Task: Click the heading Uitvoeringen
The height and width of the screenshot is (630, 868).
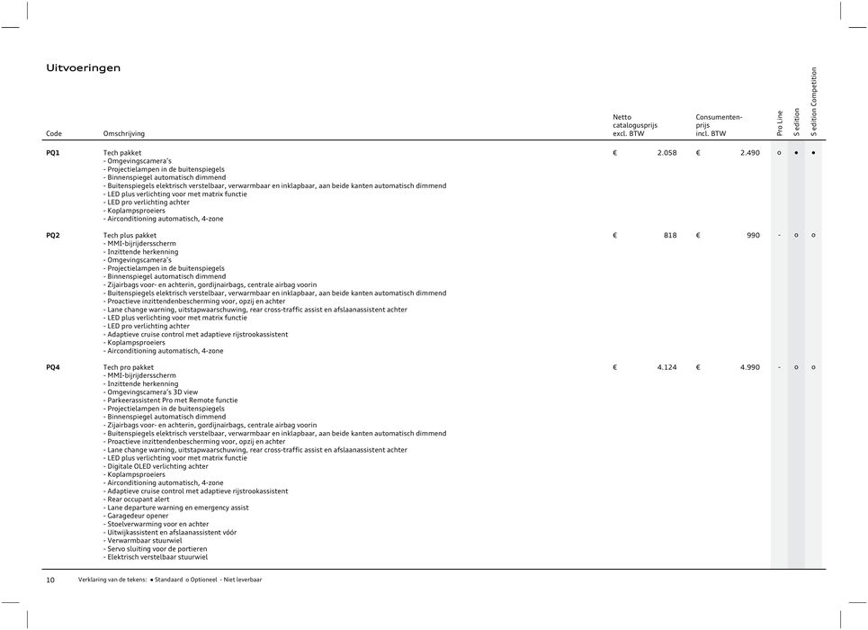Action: tap(84, 68)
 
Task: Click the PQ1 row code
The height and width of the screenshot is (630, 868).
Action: tap(54, 153)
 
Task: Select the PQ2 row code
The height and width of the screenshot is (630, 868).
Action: tap(54, 235)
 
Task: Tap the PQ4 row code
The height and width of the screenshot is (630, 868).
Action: tap(54, 367)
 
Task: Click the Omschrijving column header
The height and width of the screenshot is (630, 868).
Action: tap(124, 134)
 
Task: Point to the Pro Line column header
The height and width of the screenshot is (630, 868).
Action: tap(779, 123)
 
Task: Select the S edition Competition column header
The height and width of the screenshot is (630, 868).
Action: tap(814, 102)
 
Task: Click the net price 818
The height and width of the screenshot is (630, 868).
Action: tap(670, 235)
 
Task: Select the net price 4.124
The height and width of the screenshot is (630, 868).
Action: tap(667, 367)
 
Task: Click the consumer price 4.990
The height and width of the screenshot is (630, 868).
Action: tap(750, 367)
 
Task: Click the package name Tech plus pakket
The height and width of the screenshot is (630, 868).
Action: tap(130, 235)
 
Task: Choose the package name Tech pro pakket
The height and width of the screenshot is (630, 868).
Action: tap(129, 367)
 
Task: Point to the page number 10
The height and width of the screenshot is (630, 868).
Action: tap(50, 580)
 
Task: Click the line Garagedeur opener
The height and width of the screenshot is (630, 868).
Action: tap(136, 516)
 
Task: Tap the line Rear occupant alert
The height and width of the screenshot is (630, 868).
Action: tap(137, 499)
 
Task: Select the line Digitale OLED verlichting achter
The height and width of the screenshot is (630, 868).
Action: tap(157, 466)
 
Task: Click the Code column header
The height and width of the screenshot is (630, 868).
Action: tap(54, 134)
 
